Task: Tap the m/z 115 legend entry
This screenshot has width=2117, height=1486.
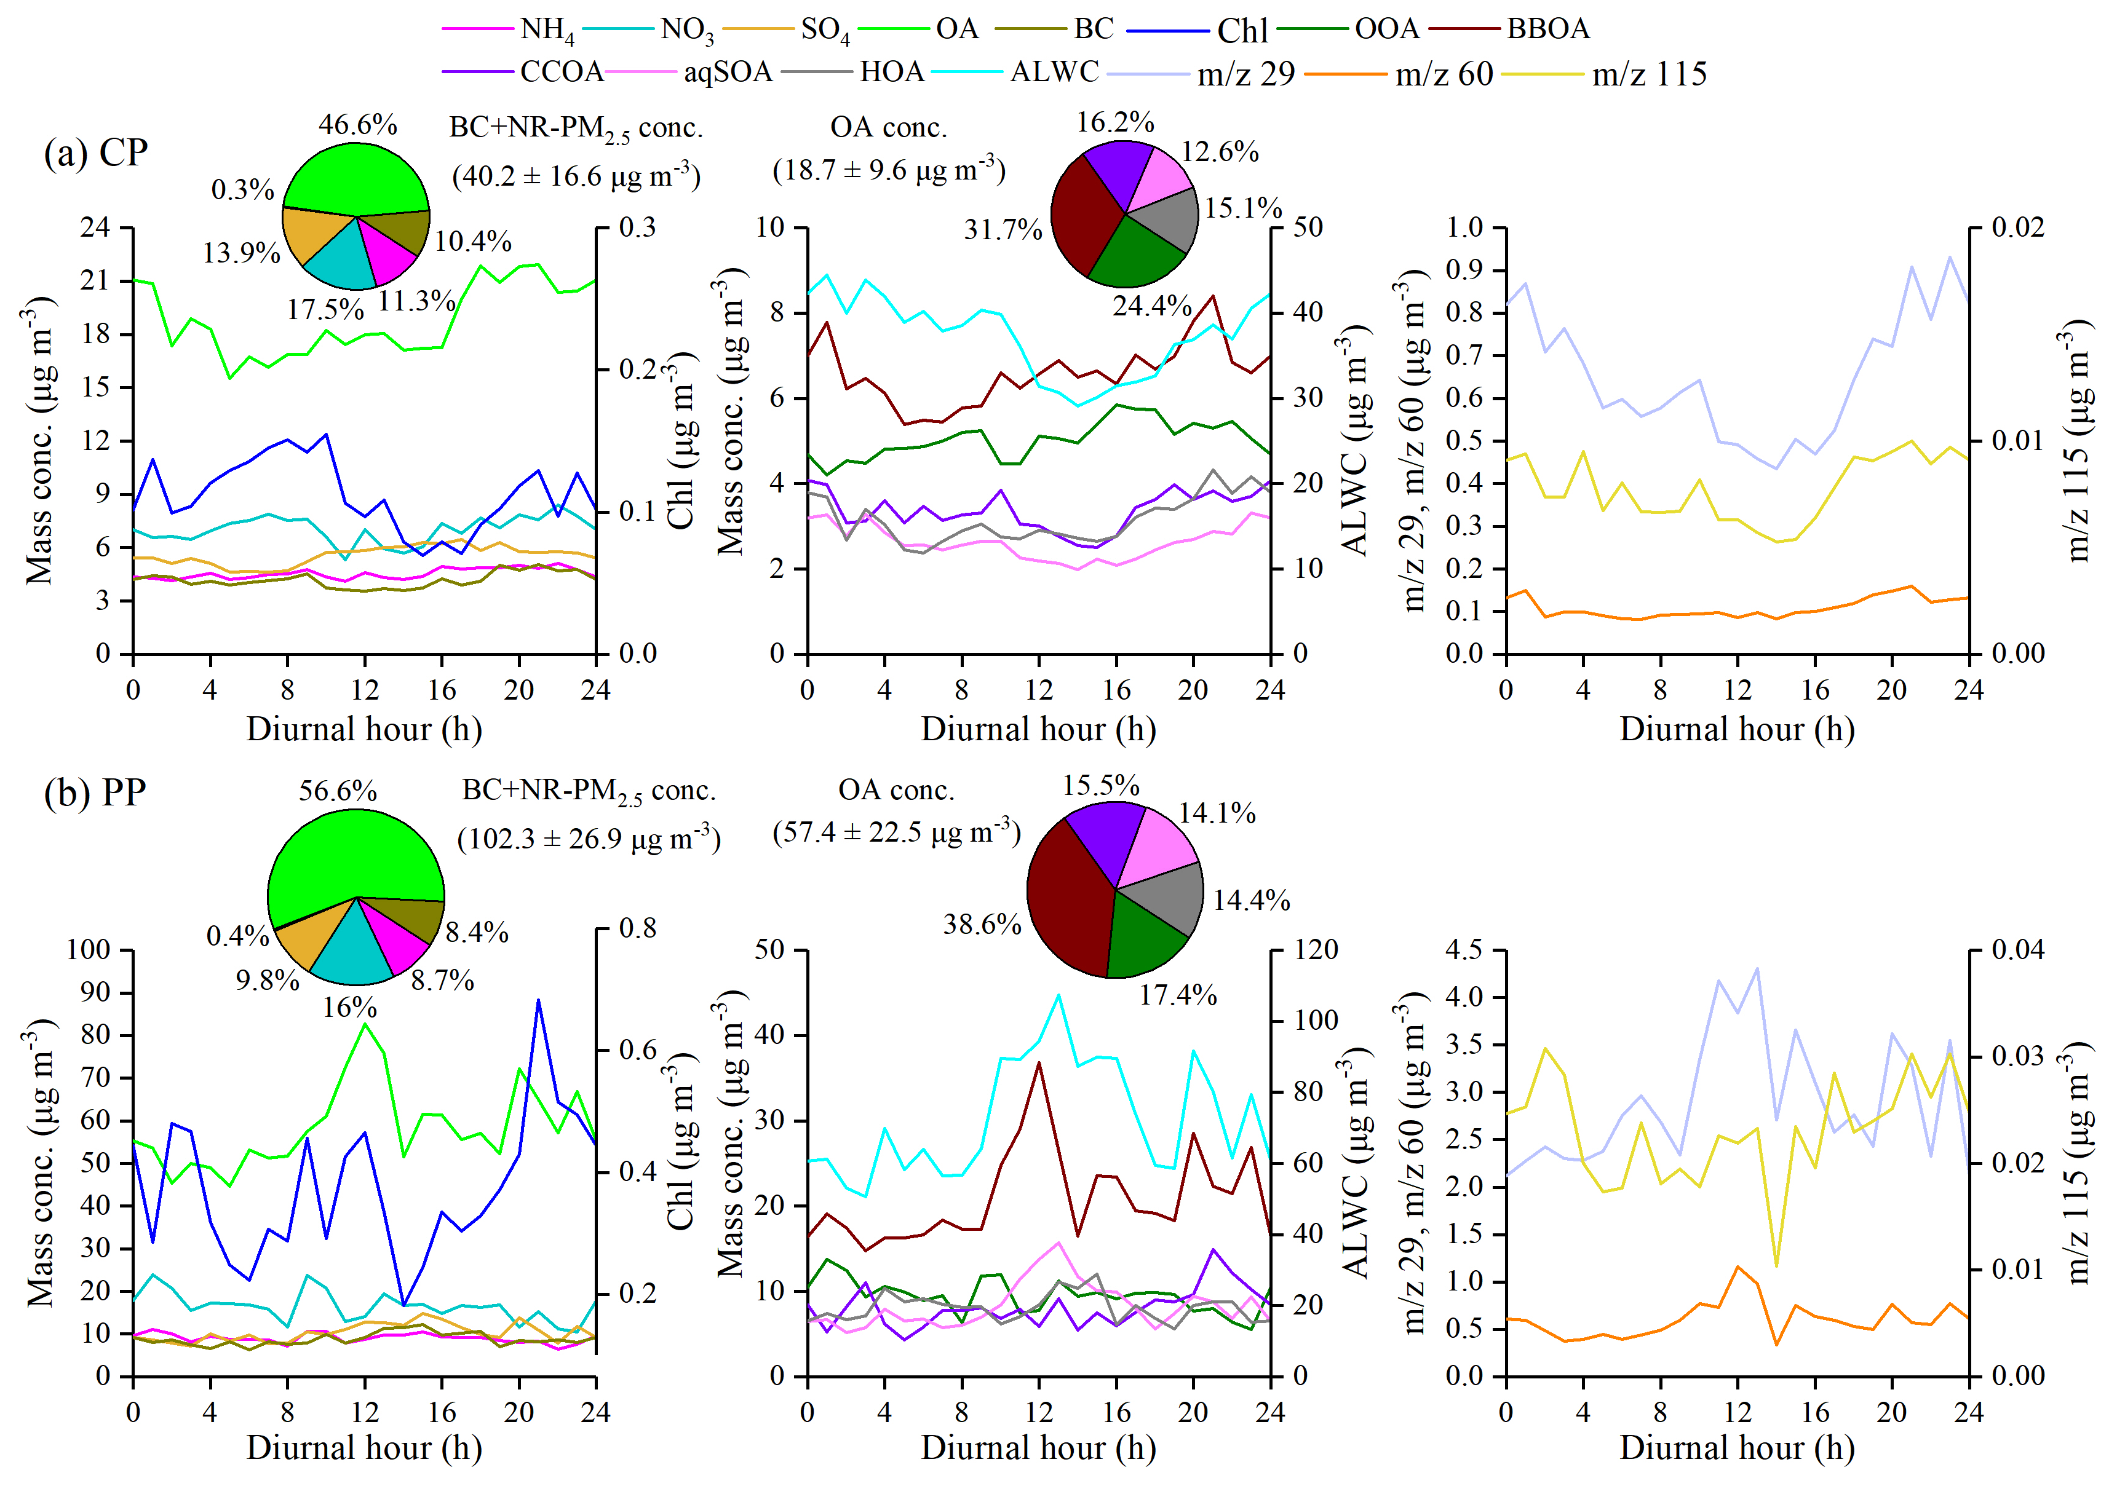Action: point(1648,74)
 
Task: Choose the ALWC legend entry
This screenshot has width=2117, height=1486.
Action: point(1054,72)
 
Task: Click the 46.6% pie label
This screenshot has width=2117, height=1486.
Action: point(358,124)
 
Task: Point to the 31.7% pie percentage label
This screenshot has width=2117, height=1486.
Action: point(1003,229)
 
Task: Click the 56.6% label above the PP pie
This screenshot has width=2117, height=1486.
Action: point(338,790)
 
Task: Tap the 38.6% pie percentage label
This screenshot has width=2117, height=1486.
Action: point(981,923)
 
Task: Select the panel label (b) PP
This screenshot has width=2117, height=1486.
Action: point(96,792)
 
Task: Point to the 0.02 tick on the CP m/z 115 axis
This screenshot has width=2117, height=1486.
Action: point(2017,227)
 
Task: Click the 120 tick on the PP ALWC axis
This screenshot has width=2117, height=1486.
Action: point(1315,949)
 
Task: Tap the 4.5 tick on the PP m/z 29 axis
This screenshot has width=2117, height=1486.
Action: point(1463,949)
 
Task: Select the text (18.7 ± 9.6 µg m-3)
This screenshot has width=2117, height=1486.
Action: point(889,170)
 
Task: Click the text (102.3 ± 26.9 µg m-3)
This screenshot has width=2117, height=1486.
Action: point(588,839)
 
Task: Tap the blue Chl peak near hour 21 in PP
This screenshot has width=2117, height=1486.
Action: point(538,1000)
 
